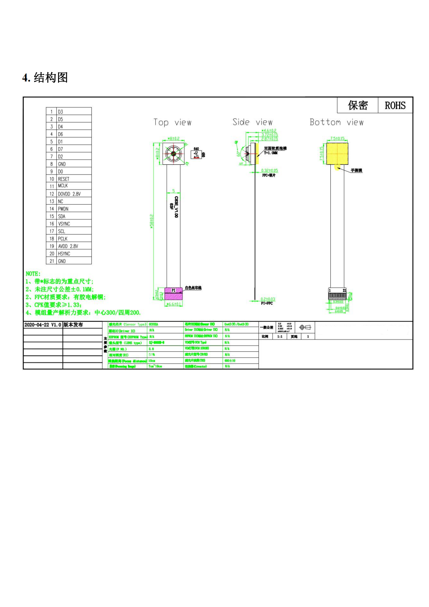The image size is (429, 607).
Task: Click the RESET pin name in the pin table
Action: [64, 179]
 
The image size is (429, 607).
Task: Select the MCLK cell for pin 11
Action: [63, 186]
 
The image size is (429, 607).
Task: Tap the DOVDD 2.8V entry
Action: [69, 194]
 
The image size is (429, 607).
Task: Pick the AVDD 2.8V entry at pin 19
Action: [68, 246]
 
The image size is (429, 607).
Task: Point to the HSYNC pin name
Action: [64, 253]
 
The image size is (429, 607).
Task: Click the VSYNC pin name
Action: [64, 224]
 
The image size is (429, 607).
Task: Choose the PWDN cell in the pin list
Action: [63, 209]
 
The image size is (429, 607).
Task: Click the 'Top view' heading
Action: [172, 122]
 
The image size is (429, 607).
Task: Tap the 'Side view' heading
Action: [252, 122]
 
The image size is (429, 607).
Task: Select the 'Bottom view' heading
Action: [336, 122]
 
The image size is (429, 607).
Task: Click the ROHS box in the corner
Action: [395, 105]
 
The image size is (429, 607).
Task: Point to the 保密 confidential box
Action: [358, 105]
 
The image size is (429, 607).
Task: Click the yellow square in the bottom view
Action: [337, 153]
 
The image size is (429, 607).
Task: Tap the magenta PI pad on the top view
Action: [173, 293]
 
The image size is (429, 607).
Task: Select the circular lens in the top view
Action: [173, 154]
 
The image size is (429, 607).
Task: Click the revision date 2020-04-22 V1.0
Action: [42, 325]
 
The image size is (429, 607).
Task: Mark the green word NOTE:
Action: [33, 274]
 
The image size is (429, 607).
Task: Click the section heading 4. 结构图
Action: [45, 78]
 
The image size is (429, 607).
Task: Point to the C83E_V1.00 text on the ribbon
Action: [176, 207]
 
